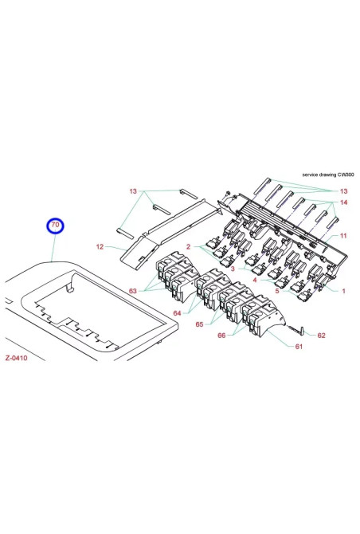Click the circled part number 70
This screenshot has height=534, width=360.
click(x=55, y=227)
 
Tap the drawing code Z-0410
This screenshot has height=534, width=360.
click(x=18, y=358)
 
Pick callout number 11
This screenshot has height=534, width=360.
click(x=345, y=236)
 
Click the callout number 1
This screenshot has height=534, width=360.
click(x=343, y=292)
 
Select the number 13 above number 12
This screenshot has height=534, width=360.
click(x=134, y=192)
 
